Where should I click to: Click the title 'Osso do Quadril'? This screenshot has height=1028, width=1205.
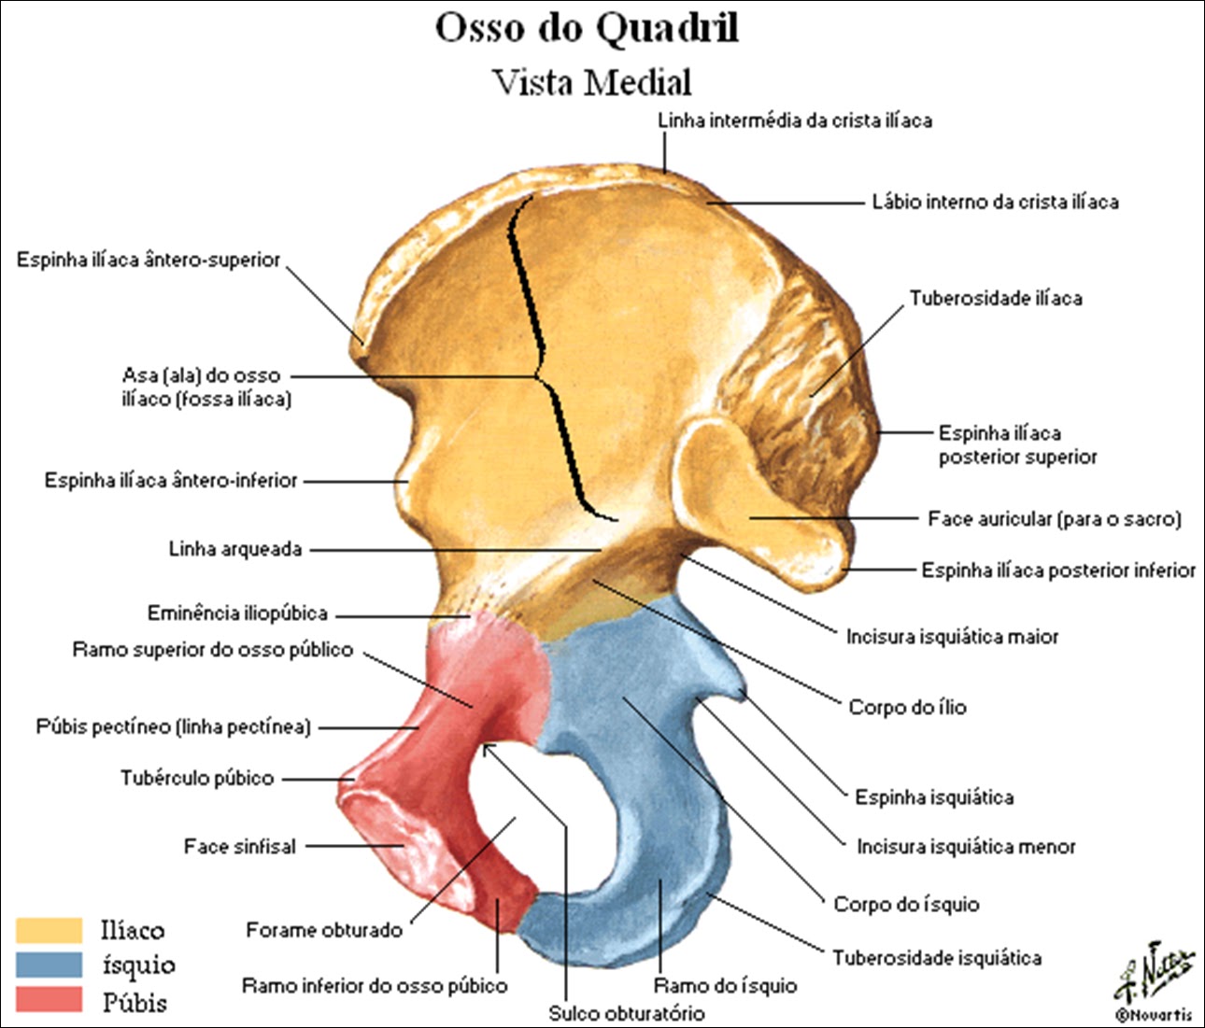[587, 28]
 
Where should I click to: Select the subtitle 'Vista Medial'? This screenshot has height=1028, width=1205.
[591, 82]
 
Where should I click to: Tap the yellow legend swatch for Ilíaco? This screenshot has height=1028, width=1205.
[50, 930]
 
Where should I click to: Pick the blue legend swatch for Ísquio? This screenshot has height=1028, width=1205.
[50, 965]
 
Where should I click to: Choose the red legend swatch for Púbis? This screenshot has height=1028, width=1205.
[50, 1000]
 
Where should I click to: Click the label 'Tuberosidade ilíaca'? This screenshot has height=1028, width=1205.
[996, 299]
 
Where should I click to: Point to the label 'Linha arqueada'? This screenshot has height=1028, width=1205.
[235, 549]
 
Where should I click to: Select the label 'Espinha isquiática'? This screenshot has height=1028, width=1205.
[934, 797]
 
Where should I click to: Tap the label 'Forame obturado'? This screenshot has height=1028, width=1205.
[324, 930]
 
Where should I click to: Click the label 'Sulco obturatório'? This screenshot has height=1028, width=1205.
[627, 1013]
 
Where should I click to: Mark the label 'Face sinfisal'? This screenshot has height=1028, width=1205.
[240, 847]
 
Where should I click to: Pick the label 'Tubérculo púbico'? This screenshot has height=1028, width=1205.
[197, 778]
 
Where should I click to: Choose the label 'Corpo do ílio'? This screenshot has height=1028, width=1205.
[907, 708]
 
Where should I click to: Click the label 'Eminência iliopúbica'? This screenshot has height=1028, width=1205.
[237, 613]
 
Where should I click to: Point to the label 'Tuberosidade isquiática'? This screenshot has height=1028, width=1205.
[937, 958]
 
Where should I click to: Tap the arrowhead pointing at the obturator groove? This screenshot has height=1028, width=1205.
[488, 748]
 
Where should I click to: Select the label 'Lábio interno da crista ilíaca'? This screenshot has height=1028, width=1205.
[995, 203]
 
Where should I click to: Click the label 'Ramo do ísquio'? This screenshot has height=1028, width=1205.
[725, 986]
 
